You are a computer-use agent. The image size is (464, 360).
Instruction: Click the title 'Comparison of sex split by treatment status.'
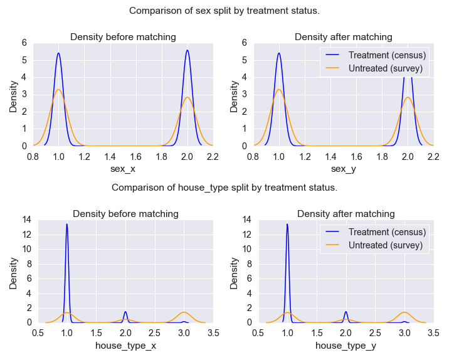tap(224, 11)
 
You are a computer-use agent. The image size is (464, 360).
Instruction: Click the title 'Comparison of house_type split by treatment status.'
tap(224, 187)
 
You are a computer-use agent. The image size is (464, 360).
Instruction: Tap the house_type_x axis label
tap(125, 346)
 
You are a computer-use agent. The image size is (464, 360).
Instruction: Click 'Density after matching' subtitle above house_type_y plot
tap(346, 214)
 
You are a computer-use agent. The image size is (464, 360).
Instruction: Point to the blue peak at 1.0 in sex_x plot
tap(58, 53)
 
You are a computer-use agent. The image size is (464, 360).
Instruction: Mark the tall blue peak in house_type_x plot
tap(66, 224)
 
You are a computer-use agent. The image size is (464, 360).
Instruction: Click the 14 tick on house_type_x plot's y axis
tap(26, 220)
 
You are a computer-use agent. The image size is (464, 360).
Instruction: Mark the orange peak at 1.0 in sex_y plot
tap(279, 89)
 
